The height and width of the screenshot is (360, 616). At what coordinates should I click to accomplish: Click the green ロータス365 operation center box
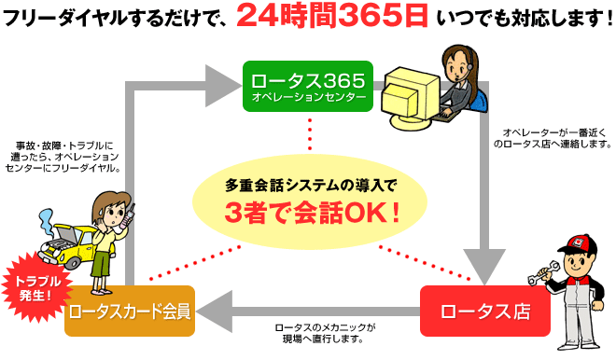pos(307,85)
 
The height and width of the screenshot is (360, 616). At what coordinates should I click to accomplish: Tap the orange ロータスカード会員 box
pos(130,311)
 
